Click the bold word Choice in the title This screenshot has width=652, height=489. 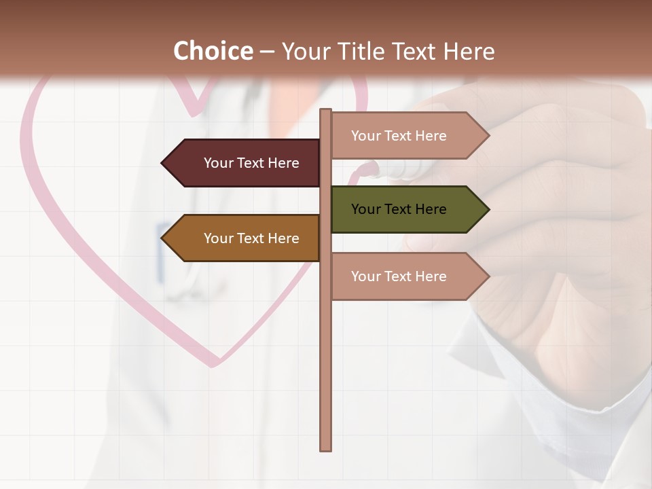pos(213,51)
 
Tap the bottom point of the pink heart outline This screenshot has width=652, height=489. pos(213,364)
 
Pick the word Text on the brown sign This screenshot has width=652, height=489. pos(251,238)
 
